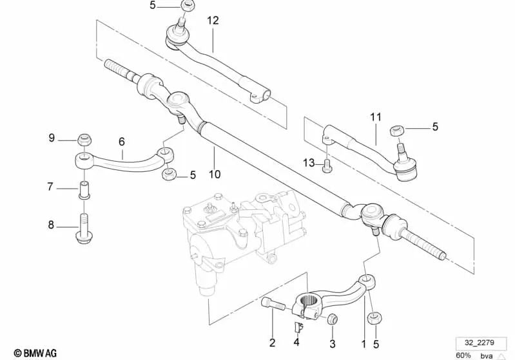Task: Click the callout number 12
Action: (x=213, y=21)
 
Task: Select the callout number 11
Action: (x=376, y=117)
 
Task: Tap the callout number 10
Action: (x=215, y=174)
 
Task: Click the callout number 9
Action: (x=52, y=138)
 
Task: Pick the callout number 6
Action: (x=121, y=142)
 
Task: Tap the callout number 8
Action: (x=52, y=225)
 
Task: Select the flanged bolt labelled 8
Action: (x=84, y=225)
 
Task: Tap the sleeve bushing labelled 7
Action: (x=84, y=189)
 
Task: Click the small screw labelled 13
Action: (x=327, y=164)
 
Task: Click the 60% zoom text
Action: (x=463, y=355)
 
